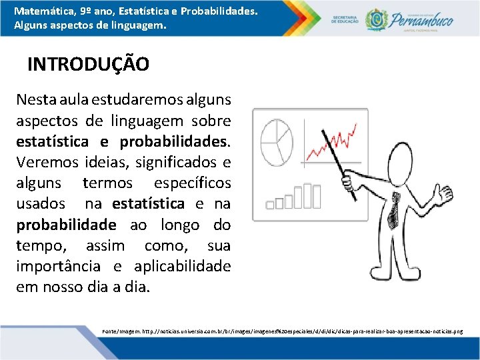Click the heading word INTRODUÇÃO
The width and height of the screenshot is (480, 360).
[x=88, y=65]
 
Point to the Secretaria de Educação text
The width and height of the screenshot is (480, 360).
[x=344, y=18]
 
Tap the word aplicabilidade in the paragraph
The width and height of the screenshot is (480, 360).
[x=183, y=266]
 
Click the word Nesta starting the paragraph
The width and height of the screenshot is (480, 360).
[x=37, y=101]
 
